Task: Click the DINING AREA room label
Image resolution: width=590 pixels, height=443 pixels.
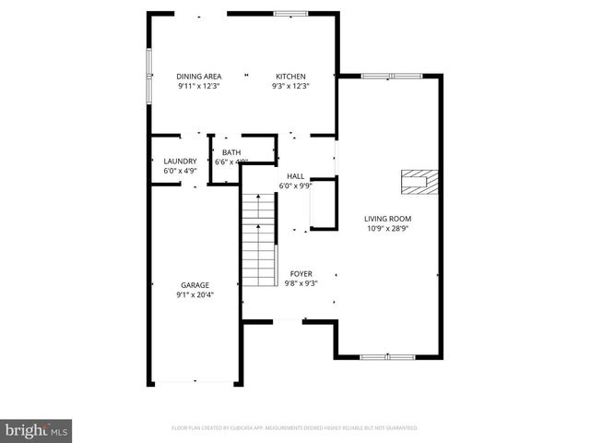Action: tap(198, 77)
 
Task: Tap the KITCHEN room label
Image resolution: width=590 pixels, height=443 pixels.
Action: tap(290, 77)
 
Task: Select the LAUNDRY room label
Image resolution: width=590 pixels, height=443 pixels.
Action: tap(180, 161)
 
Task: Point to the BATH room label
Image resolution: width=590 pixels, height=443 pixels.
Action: tap(231, 152)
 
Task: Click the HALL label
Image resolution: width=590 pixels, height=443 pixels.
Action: tap(295, 175)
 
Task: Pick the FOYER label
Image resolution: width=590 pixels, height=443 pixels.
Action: tap(301, 274)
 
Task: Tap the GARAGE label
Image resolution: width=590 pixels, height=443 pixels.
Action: tap(195, 285)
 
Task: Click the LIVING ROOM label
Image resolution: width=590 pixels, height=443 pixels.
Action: tap(387, 219)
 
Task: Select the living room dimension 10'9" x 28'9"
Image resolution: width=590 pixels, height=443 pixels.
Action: tap(387, 229)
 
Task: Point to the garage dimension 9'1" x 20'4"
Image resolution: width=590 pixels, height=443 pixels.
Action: tap(195, 295)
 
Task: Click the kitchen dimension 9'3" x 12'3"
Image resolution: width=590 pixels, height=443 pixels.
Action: tap(290, 87)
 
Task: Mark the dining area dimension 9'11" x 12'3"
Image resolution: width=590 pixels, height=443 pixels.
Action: tap(198, 87)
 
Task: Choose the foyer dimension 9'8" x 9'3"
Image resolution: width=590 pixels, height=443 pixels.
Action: tap(301, 284)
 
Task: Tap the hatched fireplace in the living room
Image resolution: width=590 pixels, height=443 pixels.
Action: tap(419, 181)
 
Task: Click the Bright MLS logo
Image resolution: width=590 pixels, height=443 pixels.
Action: tap(37, 430)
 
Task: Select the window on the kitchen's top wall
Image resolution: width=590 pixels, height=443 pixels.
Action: tap(289, 14)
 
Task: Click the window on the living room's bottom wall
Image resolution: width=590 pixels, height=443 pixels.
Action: tap(387, 355)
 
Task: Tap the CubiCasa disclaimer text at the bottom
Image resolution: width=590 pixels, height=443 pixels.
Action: tap(295, 428)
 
